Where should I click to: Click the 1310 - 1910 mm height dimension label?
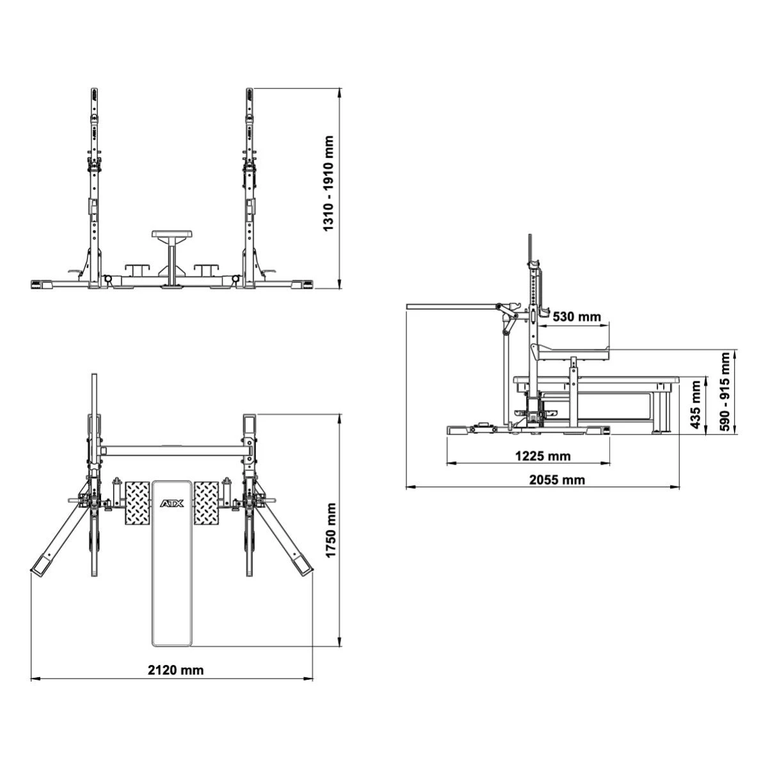328,183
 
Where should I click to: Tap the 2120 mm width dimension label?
175,670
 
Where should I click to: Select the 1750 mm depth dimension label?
330,530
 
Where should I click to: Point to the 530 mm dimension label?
577,317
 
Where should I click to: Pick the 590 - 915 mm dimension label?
725,392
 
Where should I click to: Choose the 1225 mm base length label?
543,456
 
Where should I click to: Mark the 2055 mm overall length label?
557,480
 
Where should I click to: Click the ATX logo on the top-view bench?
172,504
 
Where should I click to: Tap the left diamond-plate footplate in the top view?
138,503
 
